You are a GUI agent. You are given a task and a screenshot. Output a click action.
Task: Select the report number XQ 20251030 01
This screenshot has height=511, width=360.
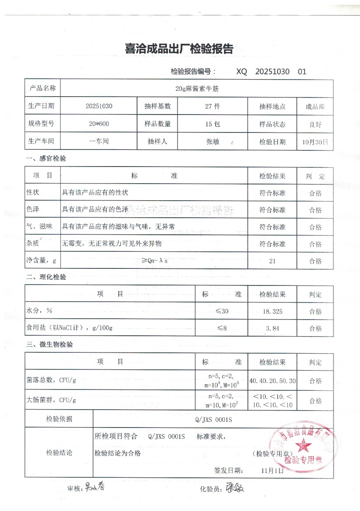[271, 72]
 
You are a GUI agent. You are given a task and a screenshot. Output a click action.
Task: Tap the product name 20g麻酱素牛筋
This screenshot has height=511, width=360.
[197, 88]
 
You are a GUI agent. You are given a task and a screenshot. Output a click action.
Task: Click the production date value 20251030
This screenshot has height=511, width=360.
[99, 106]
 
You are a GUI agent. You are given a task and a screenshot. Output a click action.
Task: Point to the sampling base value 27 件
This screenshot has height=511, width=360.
[212, 106]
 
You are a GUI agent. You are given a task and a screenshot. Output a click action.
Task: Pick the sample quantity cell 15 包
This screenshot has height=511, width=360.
[212, 124]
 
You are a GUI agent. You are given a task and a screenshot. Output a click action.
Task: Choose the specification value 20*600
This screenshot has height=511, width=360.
[99, 124]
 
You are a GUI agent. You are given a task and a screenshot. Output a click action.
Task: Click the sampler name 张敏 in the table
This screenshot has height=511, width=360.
[212, 142]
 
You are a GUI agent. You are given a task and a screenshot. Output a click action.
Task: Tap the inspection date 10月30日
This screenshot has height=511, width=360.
[315, 142]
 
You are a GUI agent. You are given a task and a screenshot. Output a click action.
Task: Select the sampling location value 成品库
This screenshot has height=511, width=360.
[315, 106]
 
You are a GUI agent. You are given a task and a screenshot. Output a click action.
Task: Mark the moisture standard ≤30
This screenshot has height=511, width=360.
[222, 312]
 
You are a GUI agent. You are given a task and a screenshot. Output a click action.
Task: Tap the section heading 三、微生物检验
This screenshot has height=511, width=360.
[49, 344]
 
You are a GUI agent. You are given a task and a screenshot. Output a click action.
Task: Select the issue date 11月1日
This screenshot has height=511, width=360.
[272, 470]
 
